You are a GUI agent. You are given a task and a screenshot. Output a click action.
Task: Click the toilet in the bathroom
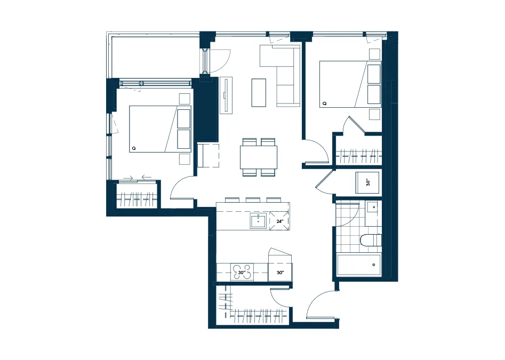tap(371, 240)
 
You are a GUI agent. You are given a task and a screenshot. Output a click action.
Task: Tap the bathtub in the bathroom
tap(359, 265)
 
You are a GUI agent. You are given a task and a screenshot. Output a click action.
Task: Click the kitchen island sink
tap(258, 221)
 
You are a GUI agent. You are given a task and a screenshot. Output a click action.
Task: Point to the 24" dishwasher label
tap(279, 221)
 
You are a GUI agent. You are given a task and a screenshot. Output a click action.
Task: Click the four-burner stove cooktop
tap(242, 273)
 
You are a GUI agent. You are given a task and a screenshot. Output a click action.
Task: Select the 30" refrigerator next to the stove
tap(280, 273)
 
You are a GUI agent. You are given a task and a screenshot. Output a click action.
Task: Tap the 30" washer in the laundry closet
tap(367, 182)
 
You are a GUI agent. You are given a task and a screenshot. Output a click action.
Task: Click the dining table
tap(259, 157)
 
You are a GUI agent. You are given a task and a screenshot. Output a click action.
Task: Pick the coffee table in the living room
tap(259, 93)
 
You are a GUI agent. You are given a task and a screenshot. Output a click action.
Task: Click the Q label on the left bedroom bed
tap(134, 148)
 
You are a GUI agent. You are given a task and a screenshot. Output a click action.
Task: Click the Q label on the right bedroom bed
tap(324, 103)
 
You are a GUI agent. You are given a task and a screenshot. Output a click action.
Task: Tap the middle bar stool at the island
tap(253, 199)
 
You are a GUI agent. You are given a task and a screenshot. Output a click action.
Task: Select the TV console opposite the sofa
tap(226, 95)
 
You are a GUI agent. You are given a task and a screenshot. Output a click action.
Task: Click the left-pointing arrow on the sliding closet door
tap(147, 177)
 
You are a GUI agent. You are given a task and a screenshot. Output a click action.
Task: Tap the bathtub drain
tap(374, 265)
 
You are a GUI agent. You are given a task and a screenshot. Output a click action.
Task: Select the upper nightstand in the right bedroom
tap(374, 54)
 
